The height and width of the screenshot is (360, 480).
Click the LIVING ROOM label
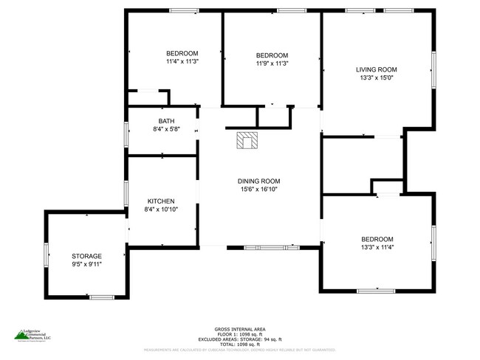377,69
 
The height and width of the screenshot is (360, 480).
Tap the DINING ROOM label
258,181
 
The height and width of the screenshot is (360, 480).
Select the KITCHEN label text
161,201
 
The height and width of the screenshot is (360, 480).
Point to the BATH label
166,121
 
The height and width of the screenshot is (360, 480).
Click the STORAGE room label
86,255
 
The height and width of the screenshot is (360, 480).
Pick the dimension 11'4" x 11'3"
182,61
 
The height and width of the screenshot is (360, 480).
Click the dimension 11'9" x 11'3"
272,63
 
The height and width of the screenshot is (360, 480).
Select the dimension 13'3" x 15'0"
377,77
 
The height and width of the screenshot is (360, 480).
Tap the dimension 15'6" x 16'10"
258,190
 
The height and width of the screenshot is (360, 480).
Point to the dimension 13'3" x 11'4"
377,247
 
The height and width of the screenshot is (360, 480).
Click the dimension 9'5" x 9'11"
86,263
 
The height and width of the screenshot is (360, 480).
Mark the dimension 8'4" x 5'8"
166,129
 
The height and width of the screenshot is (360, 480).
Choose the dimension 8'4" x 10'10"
161,210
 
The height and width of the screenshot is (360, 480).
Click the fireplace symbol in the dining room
244,139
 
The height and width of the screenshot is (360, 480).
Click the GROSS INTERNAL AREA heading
240,328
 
